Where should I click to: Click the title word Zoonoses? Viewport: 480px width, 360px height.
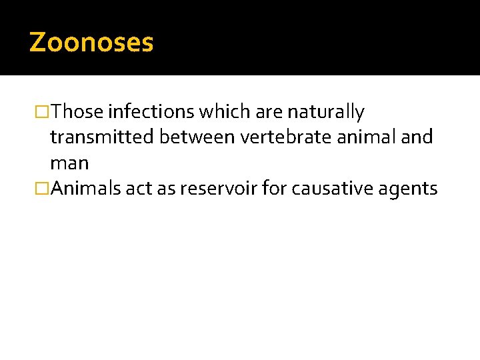coord(91,43)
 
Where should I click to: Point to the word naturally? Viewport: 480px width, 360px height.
coord(326,112)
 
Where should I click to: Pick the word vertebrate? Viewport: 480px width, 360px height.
coord(285,137)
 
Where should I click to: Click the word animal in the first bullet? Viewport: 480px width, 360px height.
coord(370,137)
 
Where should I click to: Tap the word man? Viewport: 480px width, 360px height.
coord(69,163)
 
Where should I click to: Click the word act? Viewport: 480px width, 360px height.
coord(139,189)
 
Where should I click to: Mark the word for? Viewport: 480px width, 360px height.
coord(273,189)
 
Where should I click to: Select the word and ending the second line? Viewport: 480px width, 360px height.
coord(419,137)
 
